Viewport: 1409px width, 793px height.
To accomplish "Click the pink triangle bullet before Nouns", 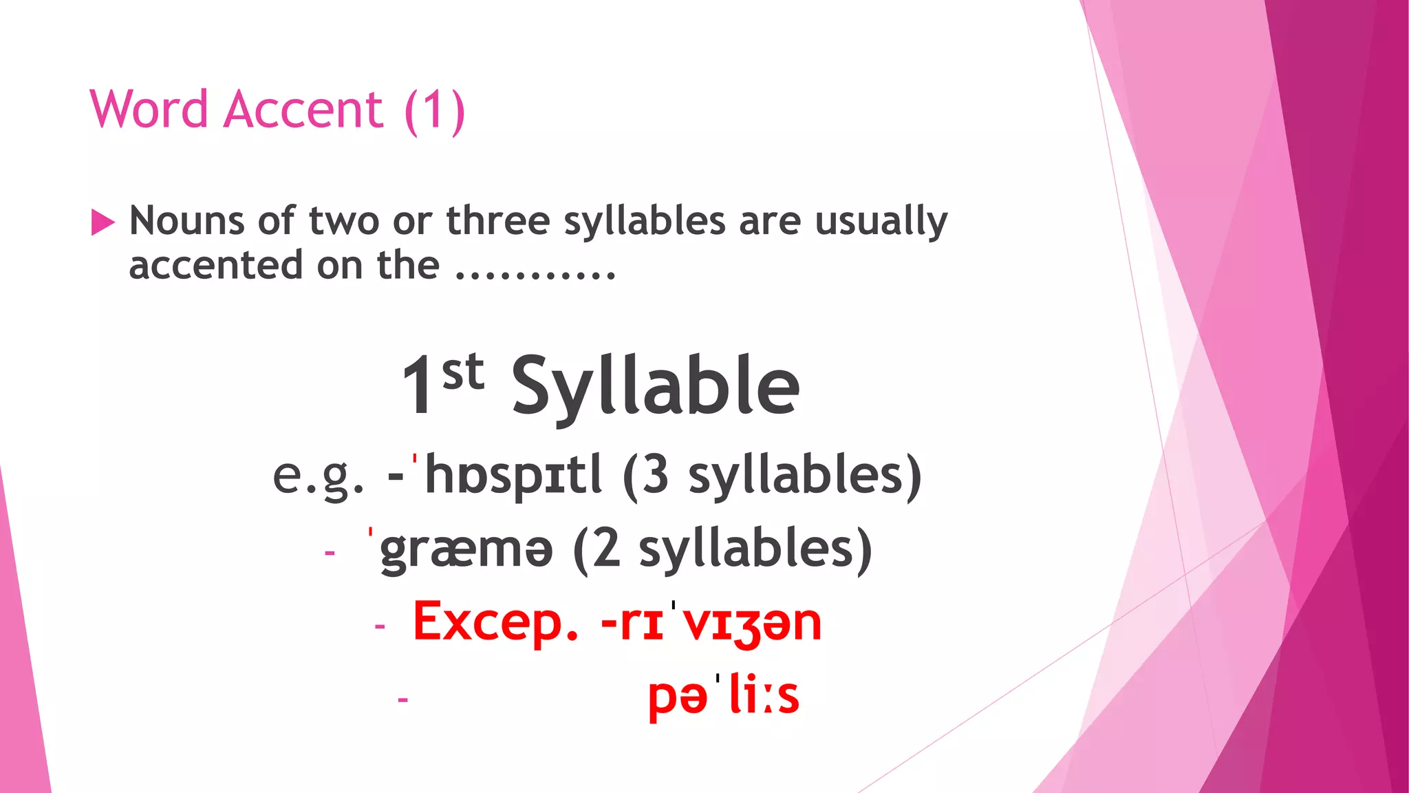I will click(103, 222).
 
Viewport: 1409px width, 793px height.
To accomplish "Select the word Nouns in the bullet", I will click(187, 221).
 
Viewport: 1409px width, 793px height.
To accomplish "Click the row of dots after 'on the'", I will click(535, 274).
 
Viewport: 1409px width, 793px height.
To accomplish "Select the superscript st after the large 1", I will click(463, 372).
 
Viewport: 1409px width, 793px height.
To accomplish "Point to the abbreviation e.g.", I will click(318, 476).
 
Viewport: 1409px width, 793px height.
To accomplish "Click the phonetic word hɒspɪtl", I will click(513, 475).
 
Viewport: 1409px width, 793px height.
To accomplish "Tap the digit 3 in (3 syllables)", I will click(655, 474).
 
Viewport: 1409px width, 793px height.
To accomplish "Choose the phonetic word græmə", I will click(466, 549).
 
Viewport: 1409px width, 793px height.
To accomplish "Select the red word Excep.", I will click(495, 622).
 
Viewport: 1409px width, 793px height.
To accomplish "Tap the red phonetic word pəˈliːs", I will click(723, 695).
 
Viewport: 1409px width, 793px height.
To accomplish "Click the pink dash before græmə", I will click(330, 553).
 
